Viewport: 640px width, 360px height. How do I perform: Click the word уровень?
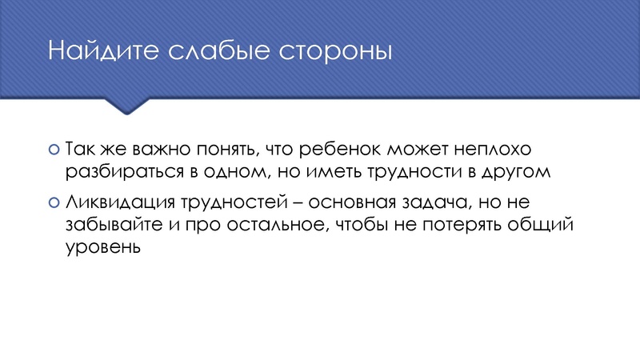pos(102,247)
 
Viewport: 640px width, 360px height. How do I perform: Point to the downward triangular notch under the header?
pos(129,106)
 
